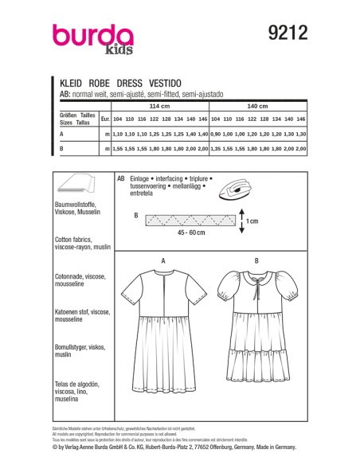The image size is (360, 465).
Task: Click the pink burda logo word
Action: (x=94, y=37)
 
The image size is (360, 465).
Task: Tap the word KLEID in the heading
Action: (x=72, y=82)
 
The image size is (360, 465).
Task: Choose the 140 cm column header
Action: (x=256, y=106)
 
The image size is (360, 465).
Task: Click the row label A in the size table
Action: (x=61, y=135)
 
